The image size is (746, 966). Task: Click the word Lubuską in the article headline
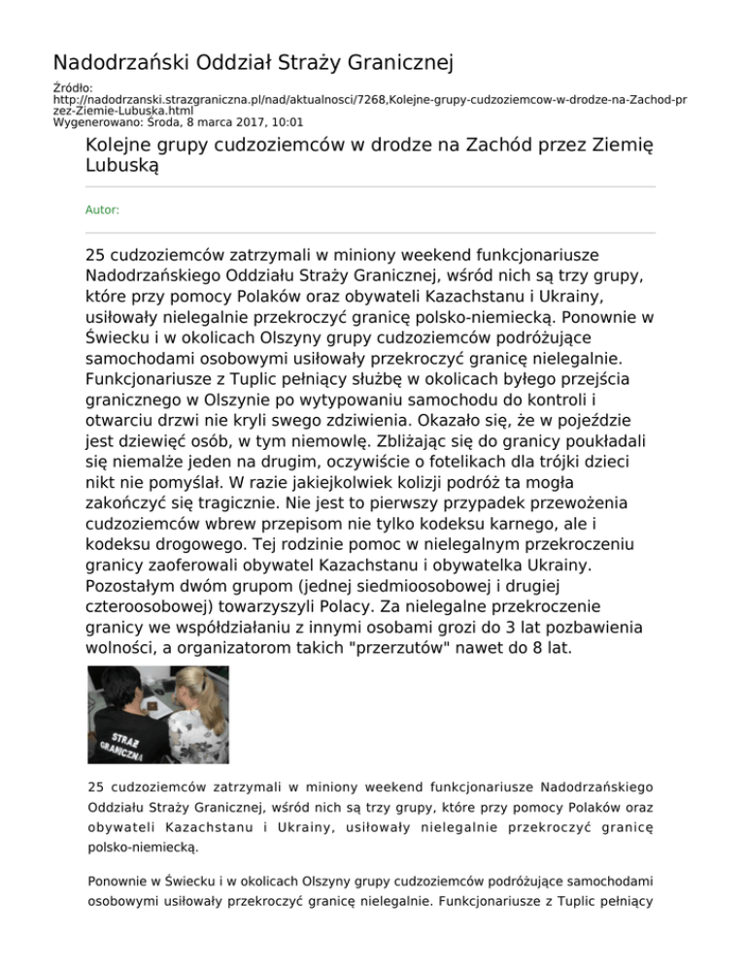pos(123,166)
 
